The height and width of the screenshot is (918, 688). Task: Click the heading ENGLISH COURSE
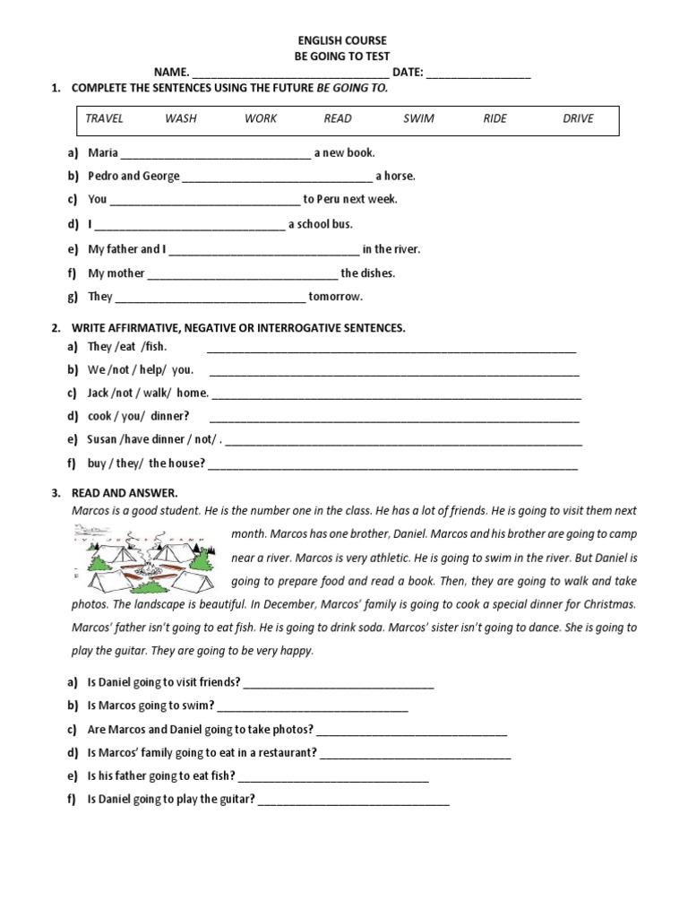pos(342,41)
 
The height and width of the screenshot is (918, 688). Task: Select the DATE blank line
pos(478,74)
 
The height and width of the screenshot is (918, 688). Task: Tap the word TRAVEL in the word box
pos(104,118)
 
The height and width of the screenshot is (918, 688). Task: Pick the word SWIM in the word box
pos(418,118)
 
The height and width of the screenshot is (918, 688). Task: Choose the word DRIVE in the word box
pos(578,118)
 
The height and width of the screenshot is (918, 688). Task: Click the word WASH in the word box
pos(181,118)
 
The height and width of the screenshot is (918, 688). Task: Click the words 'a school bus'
pos(320,224)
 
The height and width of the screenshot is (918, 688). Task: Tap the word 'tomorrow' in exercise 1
pos(335,297)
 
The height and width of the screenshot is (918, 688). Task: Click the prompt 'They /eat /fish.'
pos(127,346)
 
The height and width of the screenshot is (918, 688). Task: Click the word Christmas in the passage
pos(605,604)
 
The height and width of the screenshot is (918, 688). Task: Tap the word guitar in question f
pos(236,800)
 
